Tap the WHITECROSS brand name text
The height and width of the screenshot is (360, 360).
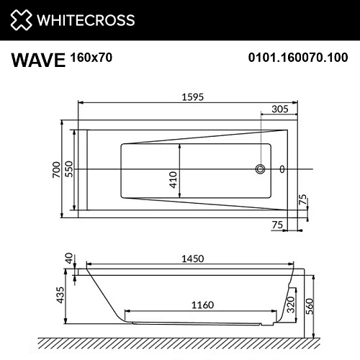pyautogui.click(x=86, y=19)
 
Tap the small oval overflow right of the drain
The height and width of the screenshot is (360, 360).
pyautogui.click(x=282, y=170)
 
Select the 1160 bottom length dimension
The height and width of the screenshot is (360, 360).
pyautogui.click(x=202, y=305)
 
